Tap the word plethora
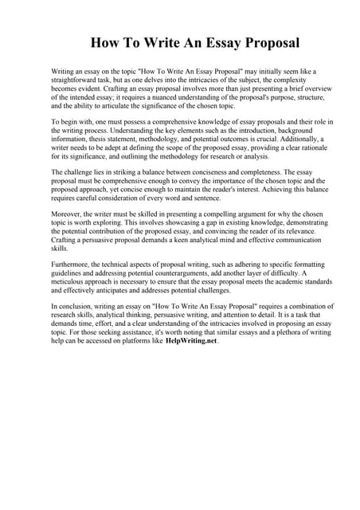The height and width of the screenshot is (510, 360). pyautogui.click(x=280, y=331)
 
